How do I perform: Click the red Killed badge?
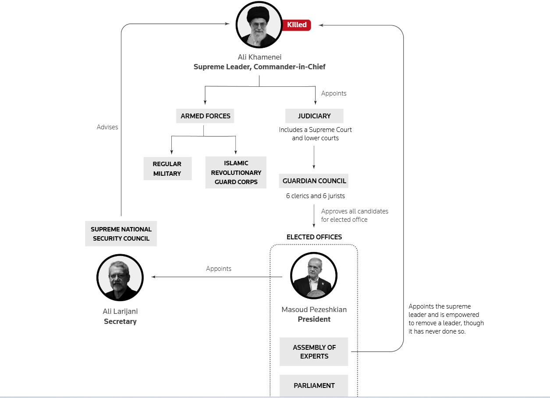coord(297,25)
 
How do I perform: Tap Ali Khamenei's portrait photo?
coord(259,25)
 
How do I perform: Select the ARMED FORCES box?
coord(205,116)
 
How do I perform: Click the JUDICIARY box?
coord(314,116)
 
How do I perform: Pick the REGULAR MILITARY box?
coord(167,169)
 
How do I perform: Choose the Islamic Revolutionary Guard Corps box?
coord(236,173)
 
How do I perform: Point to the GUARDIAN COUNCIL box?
coord(314,181)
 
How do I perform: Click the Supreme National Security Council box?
coord(121,234)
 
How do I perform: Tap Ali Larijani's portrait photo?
coord(120,277)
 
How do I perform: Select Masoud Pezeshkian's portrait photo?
coord(314,276)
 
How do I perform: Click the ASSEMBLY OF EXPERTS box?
coord(314,352)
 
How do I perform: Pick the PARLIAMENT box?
coord(314,386)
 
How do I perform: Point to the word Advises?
coord(107,127)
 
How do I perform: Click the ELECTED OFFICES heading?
coord(314,237)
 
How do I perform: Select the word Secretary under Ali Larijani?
coord(120,321)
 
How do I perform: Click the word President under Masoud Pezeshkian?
coord(314,319)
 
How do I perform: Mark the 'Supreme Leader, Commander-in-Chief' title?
coord(259,67)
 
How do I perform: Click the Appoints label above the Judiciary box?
coord(334,93)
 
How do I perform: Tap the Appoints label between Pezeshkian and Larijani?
coord(219,269)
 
